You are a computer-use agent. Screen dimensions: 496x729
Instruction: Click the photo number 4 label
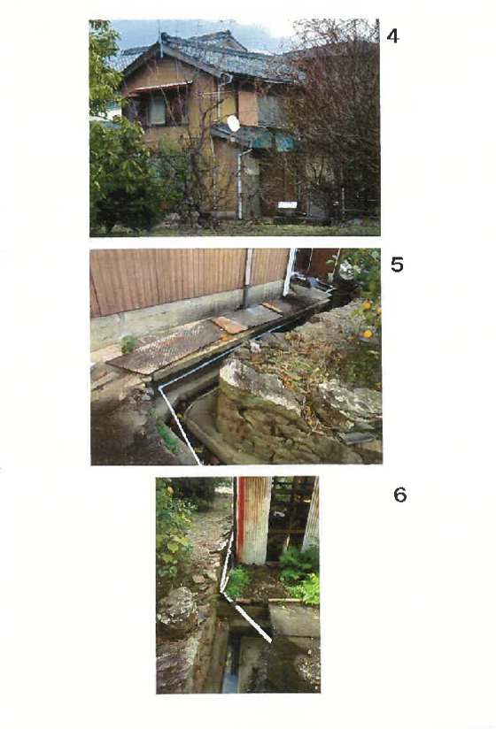pyautogui.click(x=392, y=35)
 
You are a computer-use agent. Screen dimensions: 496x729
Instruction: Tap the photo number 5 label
pyautogui.click(x=397, y=265)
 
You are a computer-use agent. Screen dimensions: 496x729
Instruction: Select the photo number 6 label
pyautogui.click(x=400, y=495)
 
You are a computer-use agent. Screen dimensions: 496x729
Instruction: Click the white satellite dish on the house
pyautogui.click(x=234, y=124)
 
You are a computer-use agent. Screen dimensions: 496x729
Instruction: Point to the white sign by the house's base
pyautogui.click(x=287, y=205)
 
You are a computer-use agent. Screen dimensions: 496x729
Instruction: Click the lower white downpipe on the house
pyautogui.click(x=241, y=183)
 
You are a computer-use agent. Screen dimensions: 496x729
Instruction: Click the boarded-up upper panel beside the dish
pyautogui.click(x=247, y=108)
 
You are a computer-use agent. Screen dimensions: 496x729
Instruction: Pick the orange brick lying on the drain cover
pyautogui.click(x=231, y=326)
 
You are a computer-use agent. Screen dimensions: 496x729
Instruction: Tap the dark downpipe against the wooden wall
pyautogui.click(x=246, y=278)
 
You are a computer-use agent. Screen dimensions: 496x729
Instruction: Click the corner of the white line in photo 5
pyautogui.click(x=160, y=387)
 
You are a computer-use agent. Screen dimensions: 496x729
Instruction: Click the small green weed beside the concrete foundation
pyautogui.click(x=129, y=343)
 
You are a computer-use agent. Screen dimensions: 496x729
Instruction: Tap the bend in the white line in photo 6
pyautogui.click(x=222, y=593)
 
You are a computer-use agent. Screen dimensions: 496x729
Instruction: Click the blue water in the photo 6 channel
pyautogui.click(x=231, y=670)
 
